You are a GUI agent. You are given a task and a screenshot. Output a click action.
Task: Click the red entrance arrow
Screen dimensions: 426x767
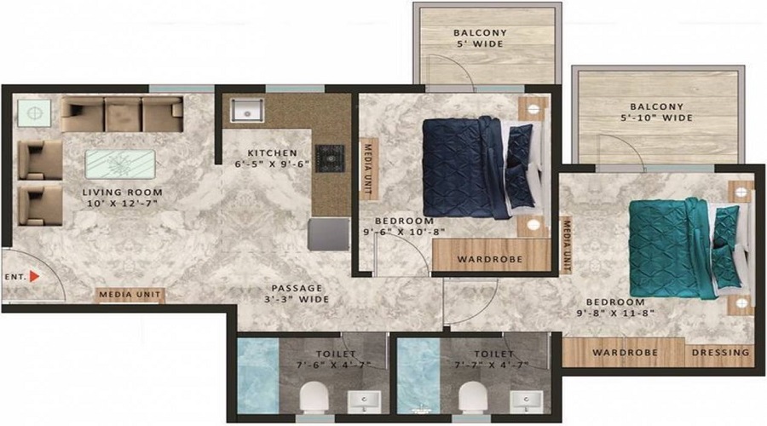34,276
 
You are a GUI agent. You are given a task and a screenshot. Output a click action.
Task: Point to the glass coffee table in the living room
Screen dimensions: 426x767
120,164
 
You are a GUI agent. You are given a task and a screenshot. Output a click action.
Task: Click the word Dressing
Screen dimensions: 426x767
720,352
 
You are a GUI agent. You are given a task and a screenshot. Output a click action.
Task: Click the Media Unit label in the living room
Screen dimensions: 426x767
130,296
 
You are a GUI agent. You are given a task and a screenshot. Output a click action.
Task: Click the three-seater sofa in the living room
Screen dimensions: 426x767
121,113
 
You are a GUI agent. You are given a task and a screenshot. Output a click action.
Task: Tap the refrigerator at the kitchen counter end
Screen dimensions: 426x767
329,233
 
